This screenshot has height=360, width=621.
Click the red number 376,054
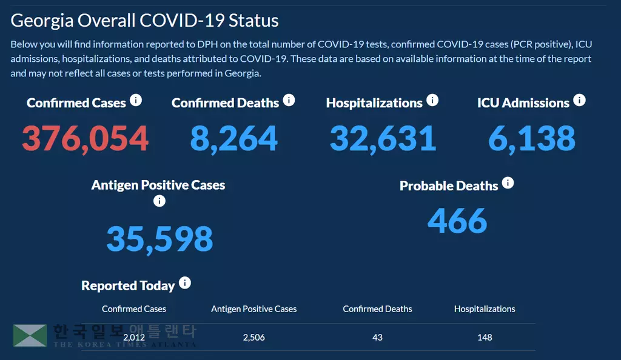coord(85,138)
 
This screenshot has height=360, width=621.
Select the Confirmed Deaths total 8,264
coord(233,138)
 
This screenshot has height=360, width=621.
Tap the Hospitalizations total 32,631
coord(383,138)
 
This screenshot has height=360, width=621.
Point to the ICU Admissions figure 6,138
coord(532,138)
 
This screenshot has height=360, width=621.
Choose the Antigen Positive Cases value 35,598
coord(159,239)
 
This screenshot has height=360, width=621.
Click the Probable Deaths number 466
coord(457,221)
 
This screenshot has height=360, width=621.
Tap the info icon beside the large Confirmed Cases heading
coord(136,100)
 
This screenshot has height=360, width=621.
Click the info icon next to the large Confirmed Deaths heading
coord(289,100)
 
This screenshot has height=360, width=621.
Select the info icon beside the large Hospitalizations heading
coord(432,100)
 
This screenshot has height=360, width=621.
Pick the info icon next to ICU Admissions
coord(579,100)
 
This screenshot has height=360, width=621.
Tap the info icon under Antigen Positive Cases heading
coord(159,201)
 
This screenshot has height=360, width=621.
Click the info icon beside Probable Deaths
coord(508,182)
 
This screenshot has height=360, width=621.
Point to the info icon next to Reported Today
coord(185,283)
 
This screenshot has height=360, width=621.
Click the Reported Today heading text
coord(128,285)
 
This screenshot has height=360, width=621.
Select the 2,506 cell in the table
coord(253,337)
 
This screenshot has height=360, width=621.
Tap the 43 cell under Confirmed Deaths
coord(377,337)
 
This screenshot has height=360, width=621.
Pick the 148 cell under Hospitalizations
coord(485,337)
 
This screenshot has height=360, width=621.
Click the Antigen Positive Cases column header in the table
coord(253,309)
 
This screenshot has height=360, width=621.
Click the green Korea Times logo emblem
coord(30,336)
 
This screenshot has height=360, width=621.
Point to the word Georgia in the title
coord(42,20)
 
